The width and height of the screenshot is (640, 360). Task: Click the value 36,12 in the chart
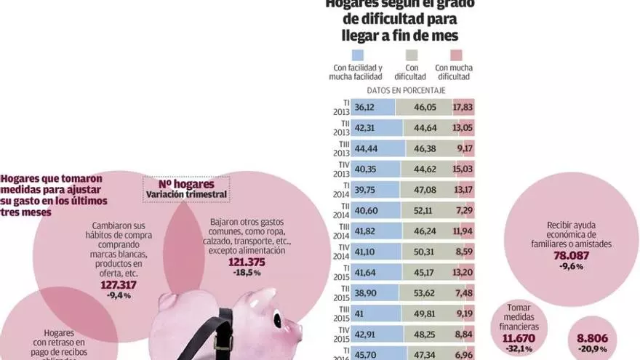(x=364, y=107)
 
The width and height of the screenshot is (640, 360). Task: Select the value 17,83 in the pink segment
(x=463, y=107)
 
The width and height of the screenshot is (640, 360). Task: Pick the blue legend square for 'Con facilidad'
(x=356, y=55)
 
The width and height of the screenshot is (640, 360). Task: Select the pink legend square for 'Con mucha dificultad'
(x=457, y=55)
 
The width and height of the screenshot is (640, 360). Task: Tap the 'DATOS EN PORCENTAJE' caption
(x=406, y=90)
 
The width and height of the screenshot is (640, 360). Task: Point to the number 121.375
(x=247, y=262)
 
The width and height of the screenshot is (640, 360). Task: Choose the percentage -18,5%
(x=247, y=273)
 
